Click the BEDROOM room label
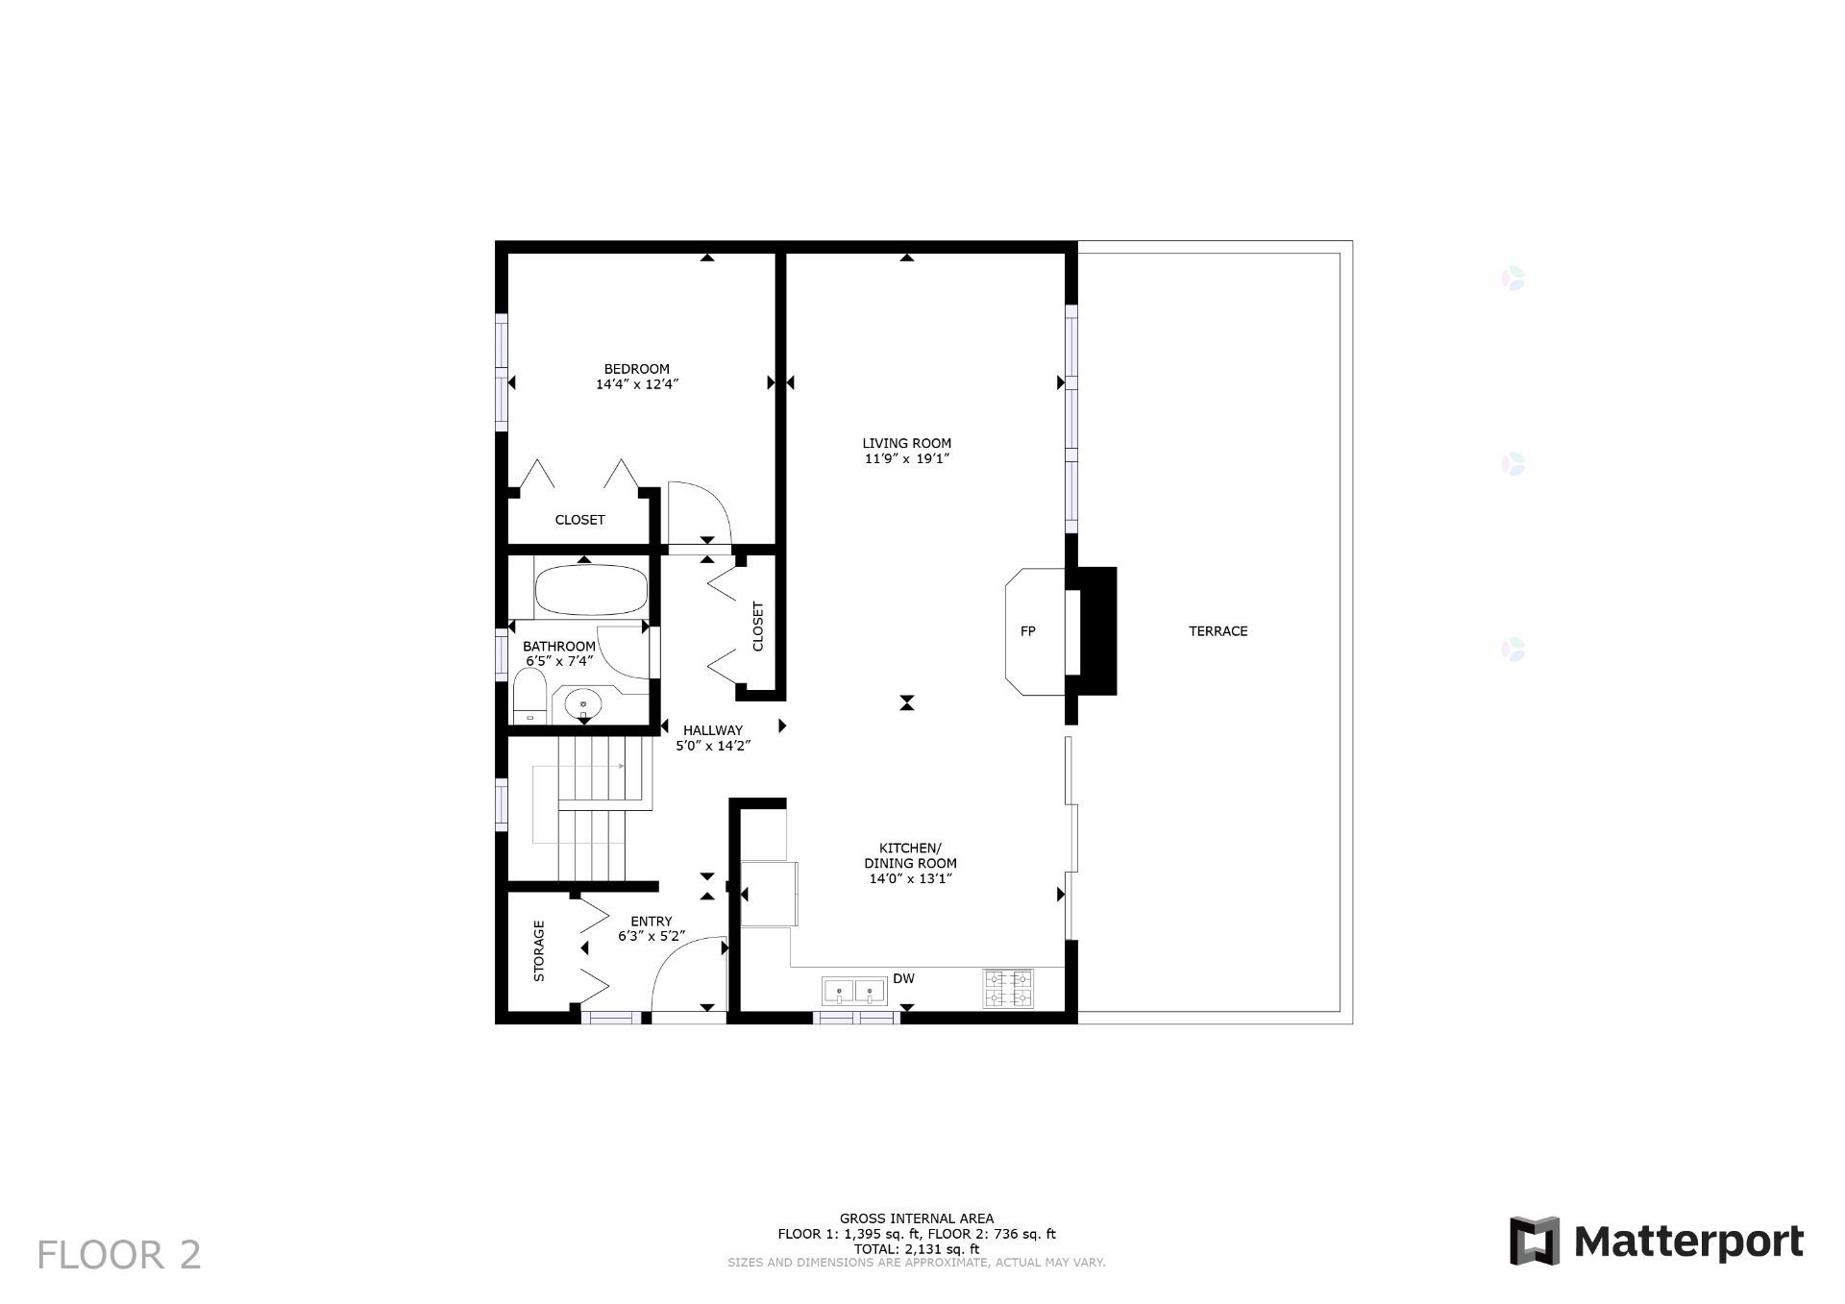pos(636,369)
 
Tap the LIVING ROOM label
pos(906,444)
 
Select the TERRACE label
pos(1218,631)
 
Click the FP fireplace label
pos(1027,631)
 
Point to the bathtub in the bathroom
pos(591,590)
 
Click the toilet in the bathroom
pos(529,698)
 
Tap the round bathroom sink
pos(582,705)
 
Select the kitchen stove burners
pos(1008,989)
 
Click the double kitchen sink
pos(854,991)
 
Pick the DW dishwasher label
pos(903,979)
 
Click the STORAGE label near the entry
pos(539,951)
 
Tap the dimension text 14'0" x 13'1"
pos(910,879)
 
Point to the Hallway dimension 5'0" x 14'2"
pos(712,746)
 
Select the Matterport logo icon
pos(1534,1241)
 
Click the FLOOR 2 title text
pos(119,1255)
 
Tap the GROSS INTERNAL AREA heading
pos(917,1218)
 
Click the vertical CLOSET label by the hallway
pos(758,627)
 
